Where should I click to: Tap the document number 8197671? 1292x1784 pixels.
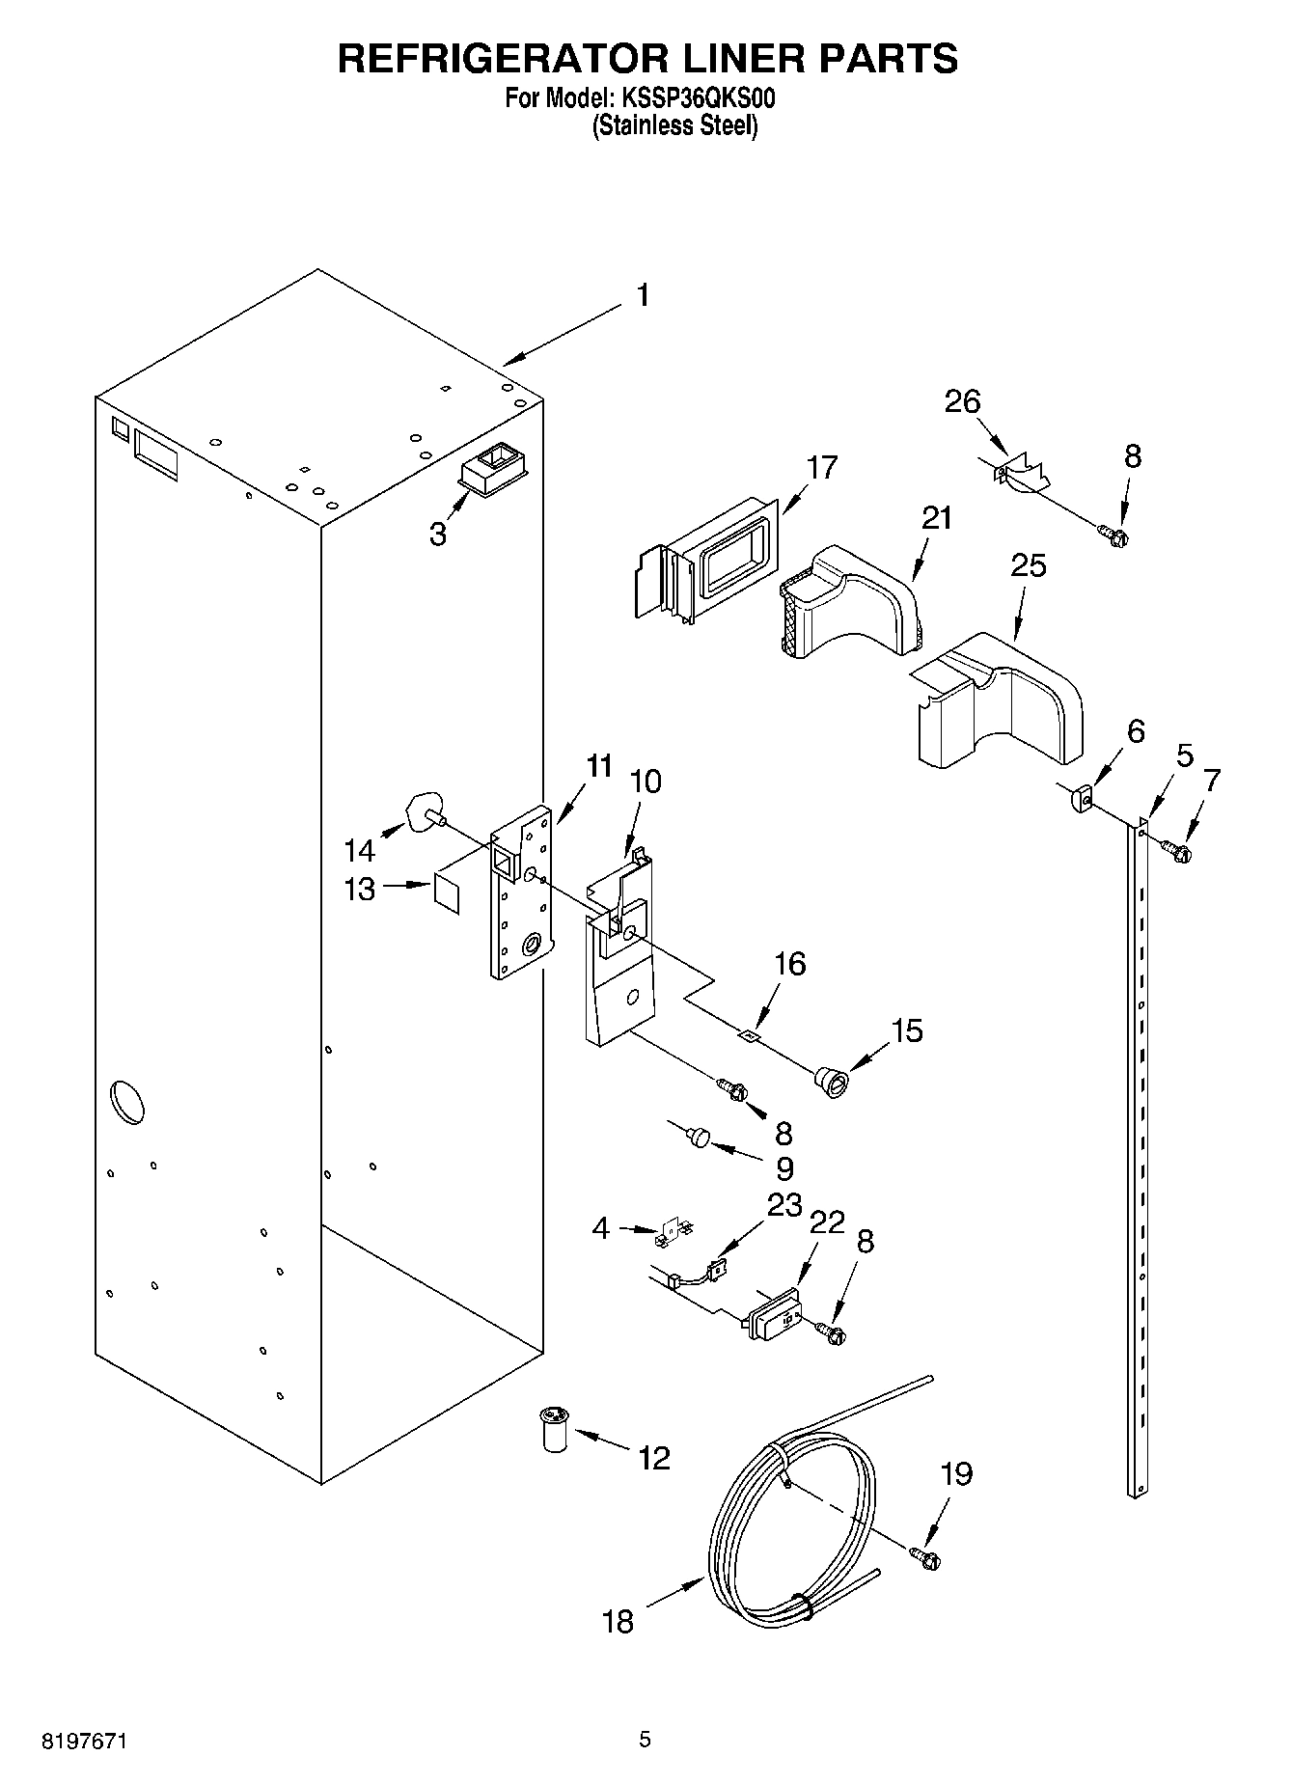click(84, 1742)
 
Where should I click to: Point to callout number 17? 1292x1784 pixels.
click(821, 468)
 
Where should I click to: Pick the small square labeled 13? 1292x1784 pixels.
click(447, 892)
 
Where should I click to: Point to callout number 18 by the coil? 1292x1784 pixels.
click(618, 1622)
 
